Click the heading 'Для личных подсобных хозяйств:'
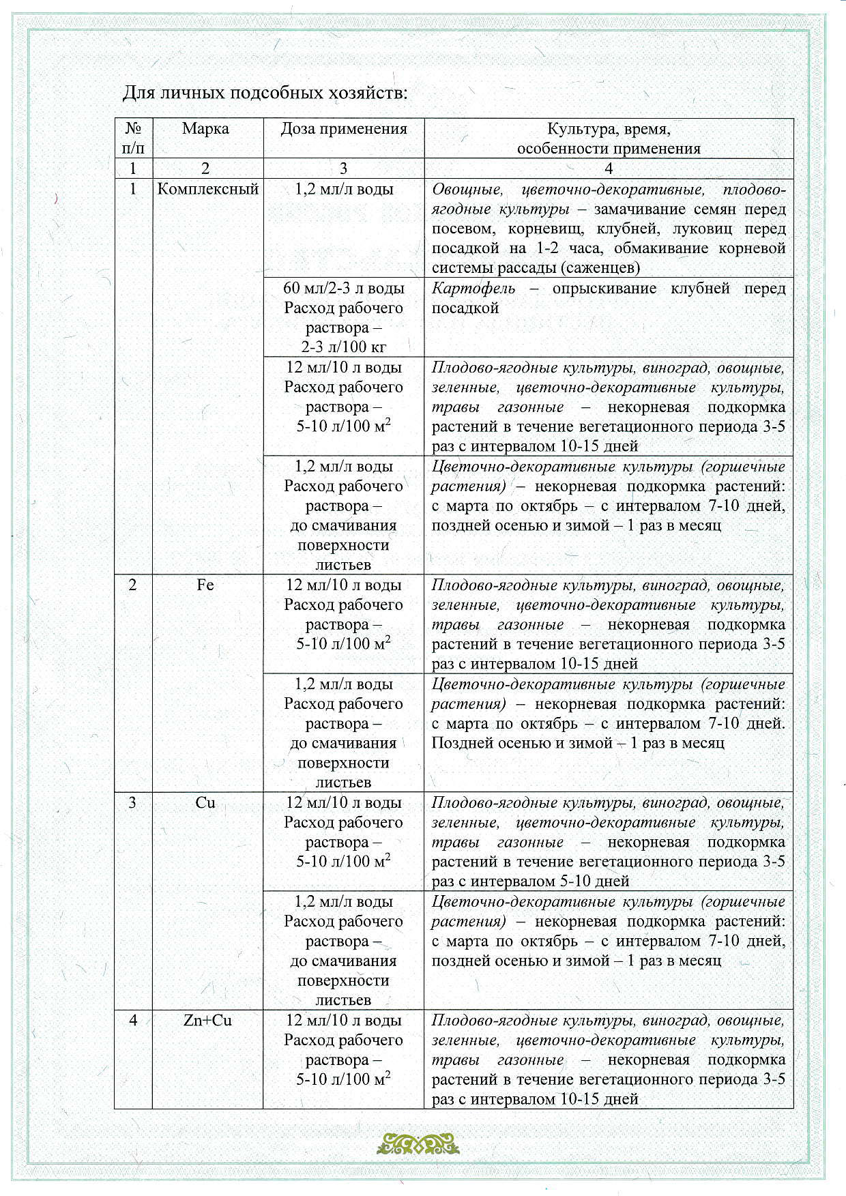tap(265, 93)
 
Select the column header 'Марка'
tap(205, 129)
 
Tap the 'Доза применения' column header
tap(344, 129)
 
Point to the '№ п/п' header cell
tap(134, 138)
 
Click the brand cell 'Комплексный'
tap(208, 189)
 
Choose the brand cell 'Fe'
tap(205, 585)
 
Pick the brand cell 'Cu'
tap(205, 802)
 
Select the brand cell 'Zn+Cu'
tap(207, 1020)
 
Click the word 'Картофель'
tap(473, 289)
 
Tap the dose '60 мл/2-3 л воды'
tap(344, 289)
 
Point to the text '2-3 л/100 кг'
tap(344, 347)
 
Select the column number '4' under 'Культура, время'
tap(609, 169)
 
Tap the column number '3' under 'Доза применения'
tap(343, 169)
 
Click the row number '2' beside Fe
tap(132, 585)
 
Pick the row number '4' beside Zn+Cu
tap(133, 1020)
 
